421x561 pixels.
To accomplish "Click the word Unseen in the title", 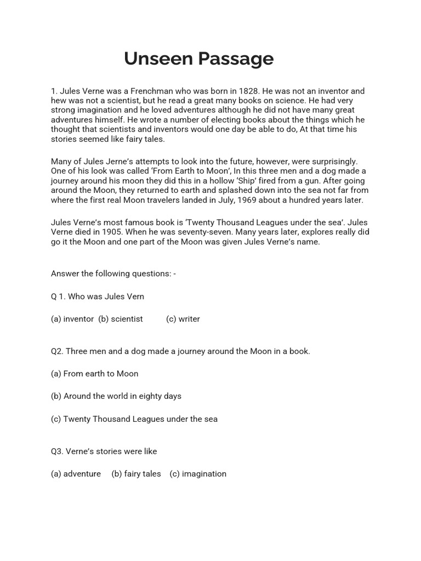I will tap(154, 58).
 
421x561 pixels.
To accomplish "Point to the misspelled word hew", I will tap(59, 101).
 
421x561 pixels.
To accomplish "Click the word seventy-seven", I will tap(199, 232).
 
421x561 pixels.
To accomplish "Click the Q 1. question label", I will tap(58, 296).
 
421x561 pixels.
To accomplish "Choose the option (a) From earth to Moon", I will tap(94, 374).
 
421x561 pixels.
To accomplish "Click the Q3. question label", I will tap(57, 451).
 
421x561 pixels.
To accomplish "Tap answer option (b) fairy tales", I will tap(136, 474).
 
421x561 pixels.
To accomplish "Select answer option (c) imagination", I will tap(198, 474).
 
